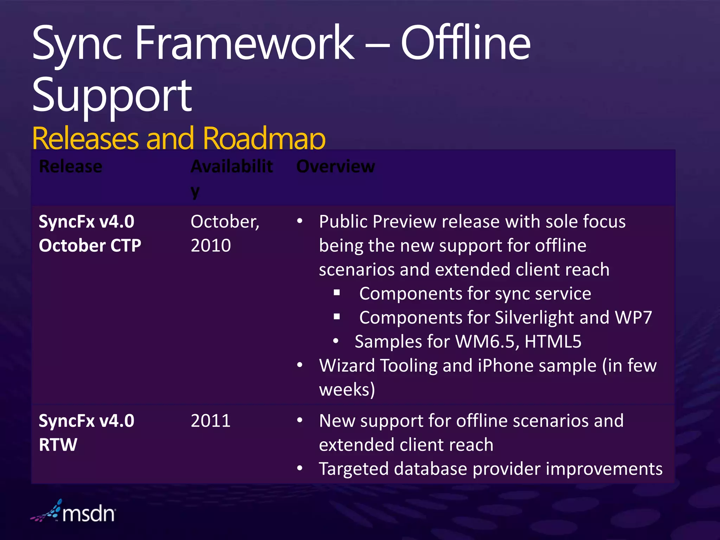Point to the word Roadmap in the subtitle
[264, 139]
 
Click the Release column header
[70, 166]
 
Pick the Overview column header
[335, 166]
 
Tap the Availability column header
[231, 178]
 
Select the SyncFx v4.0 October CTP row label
[90, 233]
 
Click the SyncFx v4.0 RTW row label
[86, 432]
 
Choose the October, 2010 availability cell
[225, 233]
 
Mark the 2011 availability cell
[211, 421]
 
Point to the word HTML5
[553, 341]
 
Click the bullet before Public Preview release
[300, 221]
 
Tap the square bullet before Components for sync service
[337, 292]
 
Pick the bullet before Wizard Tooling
[300, 365]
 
